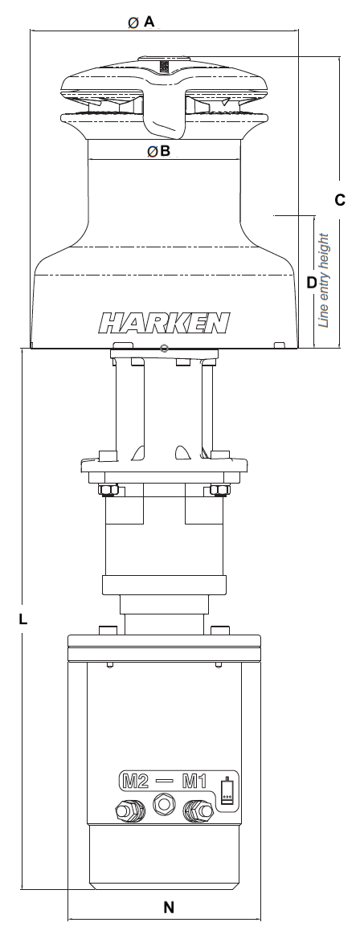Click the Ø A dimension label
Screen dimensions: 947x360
pos(141,23)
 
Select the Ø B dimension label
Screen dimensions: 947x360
pos(158,150)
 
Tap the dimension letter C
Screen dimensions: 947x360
pos(339,199)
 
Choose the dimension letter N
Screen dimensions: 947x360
pos(169,908)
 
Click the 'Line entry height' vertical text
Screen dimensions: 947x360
pos(325,280)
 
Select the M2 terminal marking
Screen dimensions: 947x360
pos(136,780)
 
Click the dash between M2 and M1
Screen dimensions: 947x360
pos(165,780)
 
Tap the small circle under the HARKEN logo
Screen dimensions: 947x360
pos(164,348)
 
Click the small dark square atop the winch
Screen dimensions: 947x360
pos(164,67)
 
